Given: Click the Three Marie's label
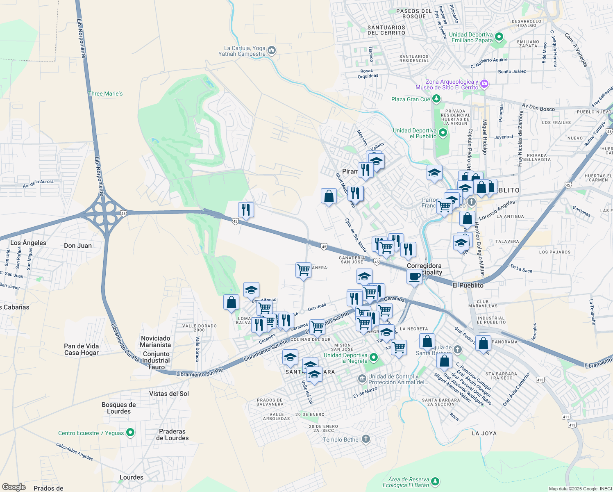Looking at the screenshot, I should (105, 94).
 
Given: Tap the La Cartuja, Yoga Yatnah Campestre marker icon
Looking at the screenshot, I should (271, 51).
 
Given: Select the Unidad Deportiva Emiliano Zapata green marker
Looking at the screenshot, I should (499, 37).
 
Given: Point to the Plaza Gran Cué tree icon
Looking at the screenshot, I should (436, 99).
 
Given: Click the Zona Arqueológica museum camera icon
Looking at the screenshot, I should (484, 84).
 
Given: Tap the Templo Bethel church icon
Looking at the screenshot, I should (366, 440).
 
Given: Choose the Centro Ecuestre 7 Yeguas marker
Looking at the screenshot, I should (130, 433).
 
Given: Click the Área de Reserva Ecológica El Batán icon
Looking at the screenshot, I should (435, 481).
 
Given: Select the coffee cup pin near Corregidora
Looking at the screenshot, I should (414, 277).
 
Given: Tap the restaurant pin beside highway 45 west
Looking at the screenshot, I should (246, 210).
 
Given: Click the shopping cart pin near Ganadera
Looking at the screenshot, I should (303, 270).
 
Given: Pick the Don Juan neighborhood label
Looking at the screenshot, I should (78, 246).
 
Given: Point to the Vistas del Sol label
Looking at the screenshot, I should (169, 394).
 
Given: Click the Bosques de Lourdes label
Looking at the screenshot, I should (119, 408).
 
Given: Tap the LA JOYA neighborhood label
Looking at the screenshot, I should (484, 433).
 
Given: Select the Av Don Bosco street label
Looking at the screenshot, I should (538, 107).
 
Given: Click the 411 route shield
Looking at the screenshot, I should (566, 417).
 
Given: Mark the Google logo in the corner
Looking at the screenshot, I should (14, 487).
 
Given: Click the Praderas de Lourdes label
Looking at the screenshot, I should (172, 435).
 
